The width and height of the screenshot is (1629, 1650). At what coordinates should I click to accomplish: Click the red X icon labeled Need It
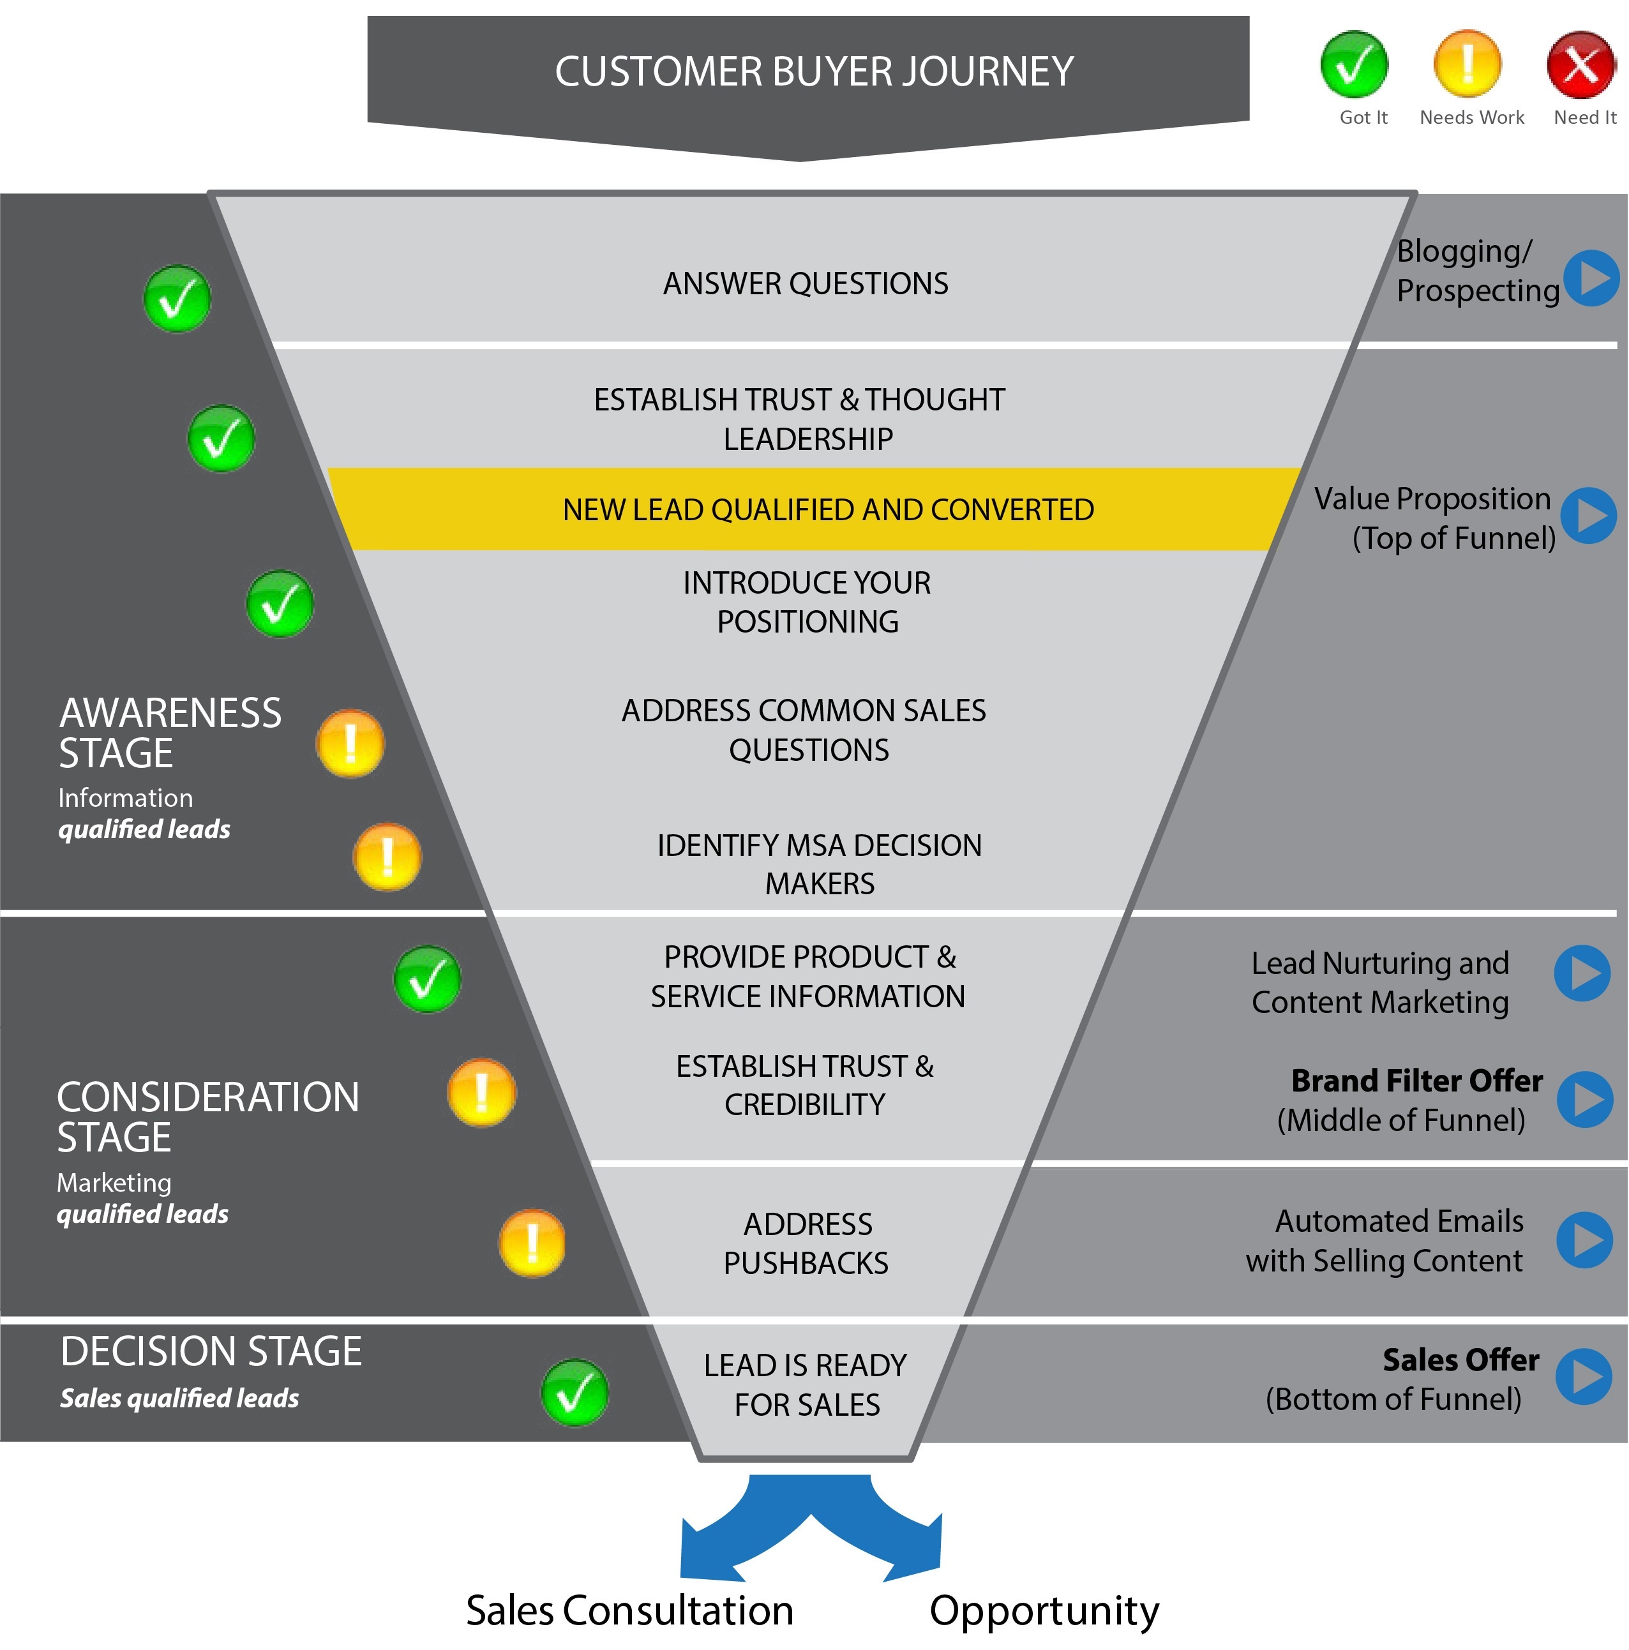pos(1580,65)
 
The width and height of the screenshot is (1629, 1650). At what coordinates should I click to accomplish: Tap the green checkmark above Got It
pos(1353,65)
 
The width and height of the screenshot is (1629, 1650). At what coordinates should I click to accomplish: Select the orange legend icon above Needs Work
pos(1467,65)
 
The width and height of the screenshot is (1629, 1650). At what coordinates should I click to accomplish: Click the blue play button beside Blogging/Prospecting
pos(1591,278)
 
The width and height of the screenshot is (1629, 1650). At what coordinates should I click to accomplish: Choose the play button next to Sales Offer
pos(1584,1376)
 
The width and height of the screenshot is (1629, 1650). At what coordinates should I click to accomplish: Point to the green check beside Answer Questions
pos(177,299)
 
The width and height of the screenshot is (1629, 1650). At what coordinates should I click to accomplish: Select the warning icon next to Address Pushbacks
pos(531,1243)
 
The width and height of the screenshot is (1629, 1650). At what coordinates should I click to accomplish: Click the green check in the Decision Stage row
pos(574,1393)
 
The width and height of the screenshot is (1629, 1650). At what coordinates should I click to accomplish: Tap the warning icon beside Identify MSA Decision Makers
pos(387,857)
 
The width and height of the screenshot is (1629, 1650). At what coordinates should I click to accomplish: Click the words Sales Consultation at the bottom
pos(629,1610)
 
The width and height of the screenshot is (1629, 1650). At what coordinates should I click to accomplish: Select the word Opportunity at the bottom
pos(1043,1610)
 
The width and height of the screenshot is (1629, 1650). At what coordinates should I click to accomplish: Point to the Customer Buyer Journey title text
pos(813,71)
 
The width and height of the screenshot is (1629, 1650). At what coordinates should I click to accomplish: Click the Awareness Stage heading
pos(169,733)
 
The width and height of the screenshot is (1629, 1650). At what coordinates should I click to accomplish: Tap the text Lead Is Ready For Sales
pos(805,1384)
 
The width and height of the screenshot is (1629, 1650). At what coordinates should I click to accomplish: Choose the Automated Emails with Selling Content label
pos(1385,1241)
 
